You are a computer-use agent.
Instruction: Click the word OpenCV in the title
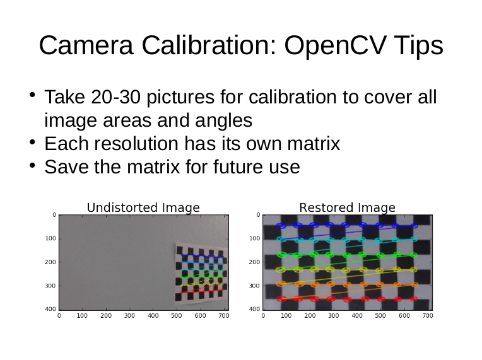[x=334, y=45]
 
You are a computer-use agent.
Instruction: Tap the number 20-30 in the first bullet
[x=116, y=97]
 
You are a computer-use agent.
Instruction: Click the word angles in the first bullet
[x=224, y=121]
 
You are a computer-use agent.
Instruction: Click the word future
[x=238, y=167]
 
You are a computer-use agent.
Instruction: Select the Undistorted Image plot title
[x=143, y=207]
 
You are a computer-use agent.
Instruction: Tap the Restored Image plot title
[x=348, y=207]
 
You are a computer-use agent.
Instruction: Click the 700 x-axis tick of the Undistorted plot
[x=224, y=315]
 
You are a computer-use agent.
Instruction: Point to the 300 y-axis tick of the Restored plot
[x=254, y=286]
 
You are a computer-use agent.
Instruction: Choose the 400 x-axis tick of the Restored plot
[x=357, y=315]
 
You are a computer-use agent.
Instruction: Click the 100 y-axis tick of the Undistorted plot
[x=50, y=238]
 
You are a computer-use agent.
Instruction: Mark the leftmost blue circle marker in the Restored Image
[x=281, y=226]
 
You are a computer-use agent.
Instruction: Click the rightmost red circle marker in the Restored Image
[x=414, y=299]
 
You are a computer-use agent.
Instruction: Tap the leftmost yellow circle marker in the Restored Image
[x=281, y=270]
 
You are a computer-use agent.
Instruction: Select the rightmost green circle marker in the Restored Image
[x=414, y=255]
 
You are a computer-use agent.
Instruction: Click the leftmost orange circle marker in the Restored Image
[x=281, y=284]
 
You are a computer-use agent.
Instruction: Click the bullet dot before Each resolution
[x=33, y=142]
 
